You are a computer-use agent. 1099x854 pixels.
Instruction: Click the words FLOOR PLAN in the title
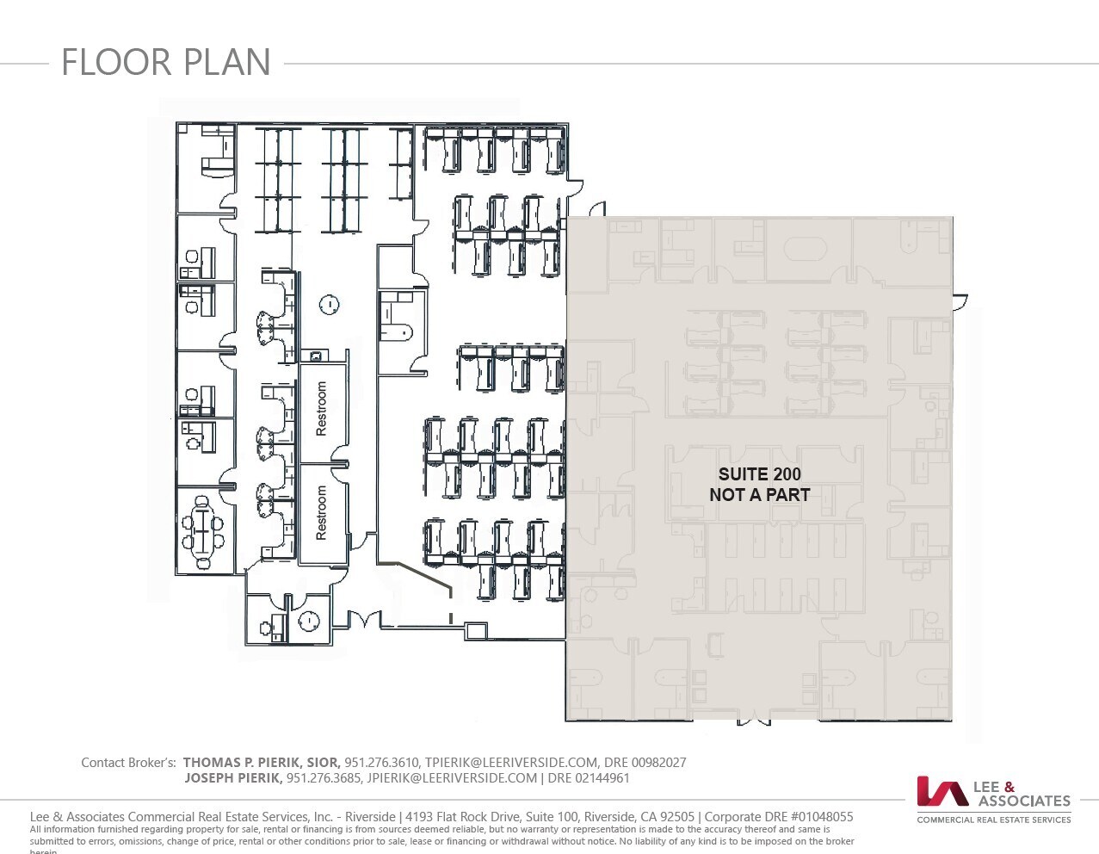(x=166, y=63)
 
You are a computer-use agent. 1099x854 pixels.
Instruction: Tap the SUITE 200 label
(x=759, y=474)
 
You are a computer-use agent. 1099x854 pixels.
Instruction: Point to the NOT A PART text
(x=759, y=495)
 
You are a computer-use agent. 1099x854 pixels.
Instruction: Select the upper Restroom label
(x=322, y=408)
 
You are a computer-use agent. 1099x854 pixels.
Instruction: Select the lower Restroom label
(x=322, y=513)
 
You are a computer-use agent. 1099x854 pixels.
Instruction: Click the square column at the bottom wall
(x=476, y=631)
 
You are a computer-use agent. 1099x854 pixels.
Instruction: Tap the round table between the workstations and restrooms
(x=329, y=304)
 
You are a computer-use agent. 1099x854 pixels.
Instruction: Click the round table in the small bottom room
(x=309, y=621)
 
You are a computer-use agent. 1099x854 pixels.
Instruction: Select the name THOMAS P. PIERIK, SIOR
(x=261, y=763)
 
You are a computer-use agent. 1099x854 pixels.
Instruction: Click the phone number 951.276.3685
(x=324, y=778)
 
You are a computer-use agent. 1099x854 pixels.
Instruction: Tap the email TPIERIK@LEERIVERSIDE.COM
(x=511, y=763)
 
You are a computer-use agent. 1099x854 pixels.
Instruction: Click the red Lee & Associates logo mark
(x=942, y=791)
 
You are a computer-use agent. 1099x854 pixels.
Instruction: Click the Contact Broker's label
(x=128, y=763)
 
